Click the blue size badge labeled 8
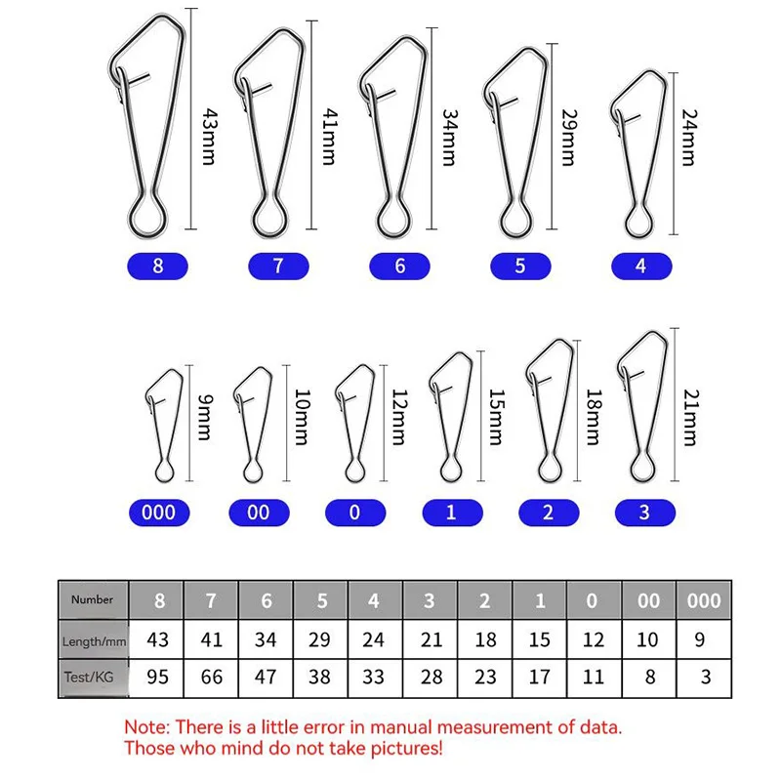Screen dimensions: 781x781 coord(158,266)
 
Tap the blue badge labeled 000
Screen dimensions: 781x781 coord(158,513)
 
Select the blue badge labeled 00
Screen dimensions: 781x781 coord(258,513)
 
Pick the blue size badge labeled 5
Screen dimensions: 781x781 coord(519,266)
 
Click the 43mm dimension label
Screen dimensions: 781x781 coord(207,136)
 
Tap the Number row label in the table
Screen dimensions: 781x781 coord(93,599)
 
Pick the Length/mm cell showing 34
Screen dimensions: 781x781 coord(266,639)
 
